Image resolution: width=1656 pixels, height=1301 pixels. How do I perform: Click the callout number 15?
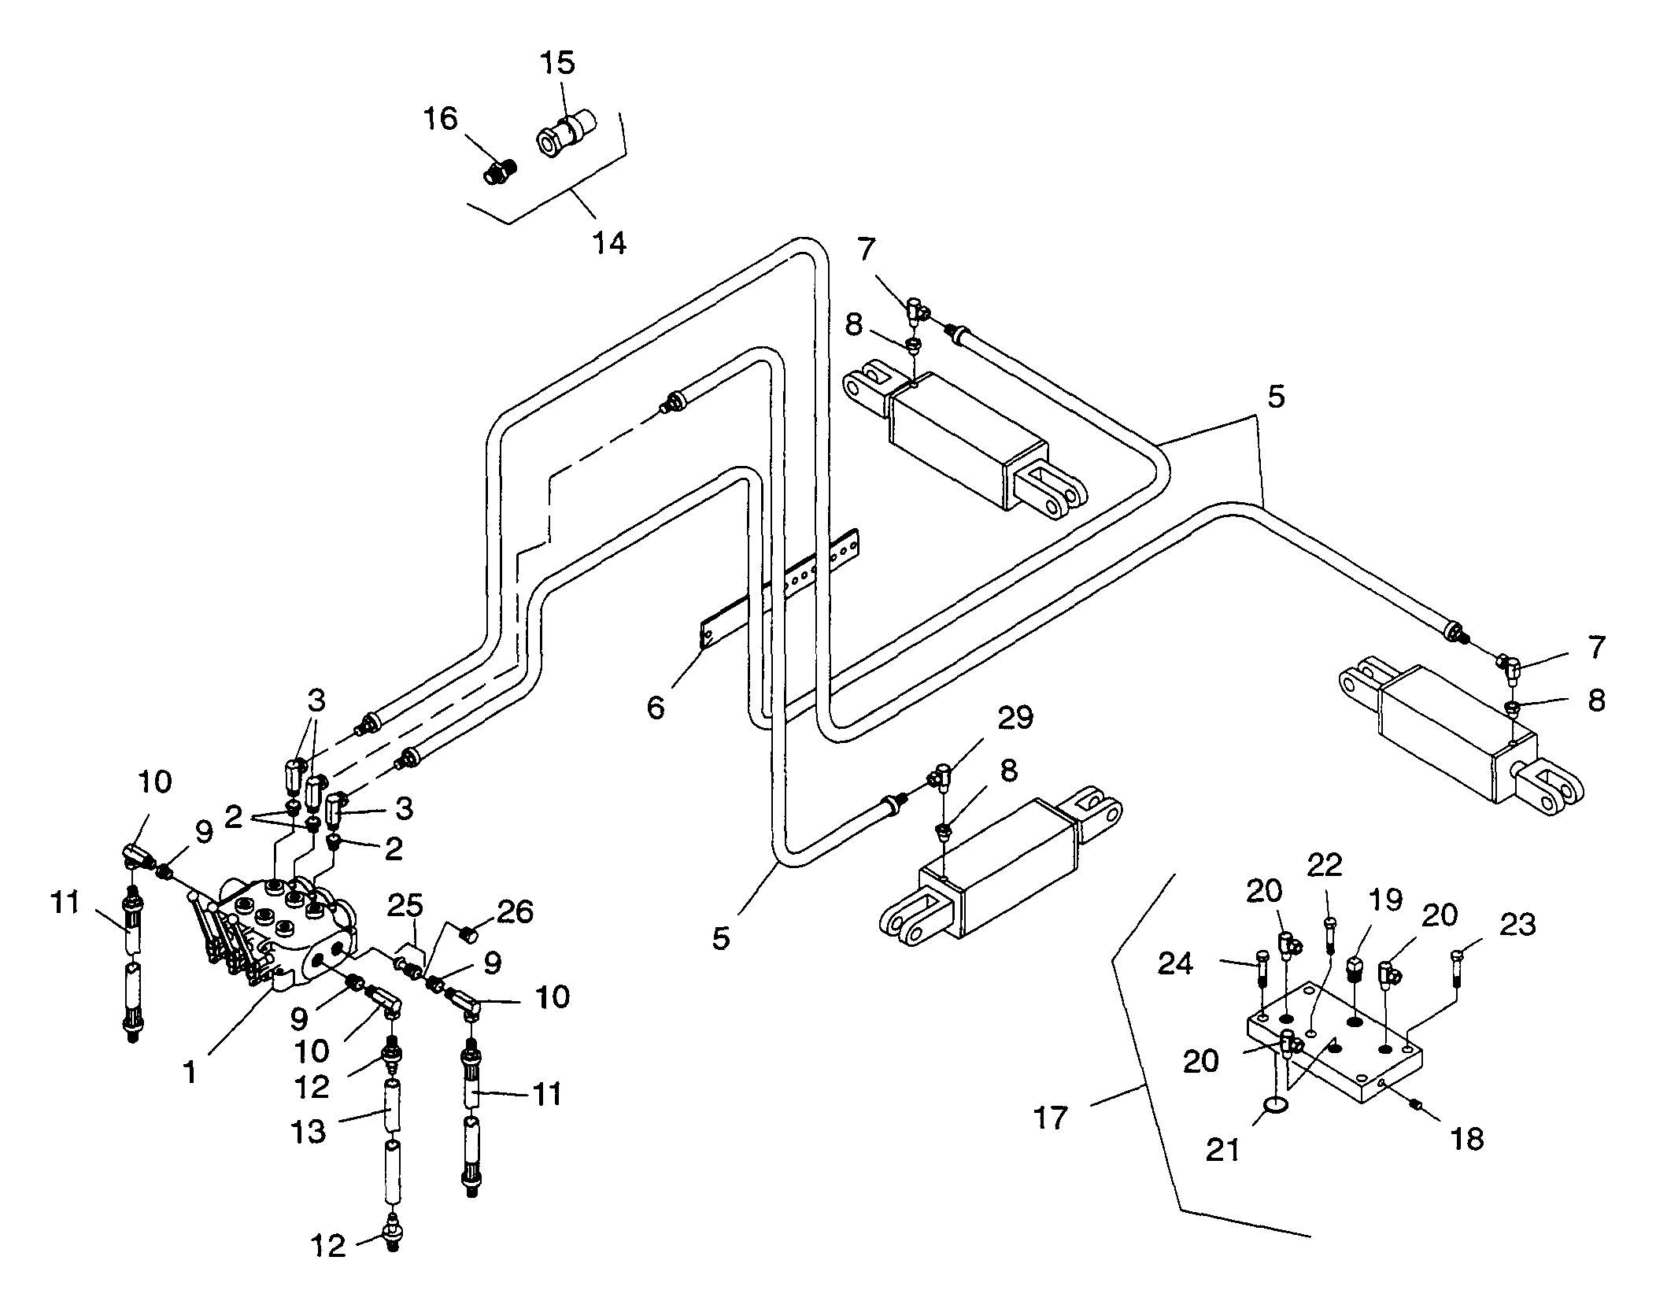pyautogui.click(x=558, y=63)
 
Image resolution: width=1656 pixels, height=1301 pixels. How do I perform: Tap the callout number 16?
pyautogui.click(x=440, y=119)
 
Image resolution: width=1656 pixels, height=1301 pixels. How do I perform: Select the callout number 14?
pyautogui.click(x=610, y=242)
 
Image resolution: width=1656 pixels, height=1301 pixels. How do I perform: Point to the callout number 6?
pyautogui.click(x=656, y=708)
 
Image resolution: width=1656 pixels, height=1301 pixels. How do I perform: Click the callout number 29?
pyautogui.click(x=1015, y=718)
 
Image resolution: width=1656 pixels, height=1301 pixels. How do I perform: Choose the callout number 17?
pyautogui.click(x=1052, y=1118)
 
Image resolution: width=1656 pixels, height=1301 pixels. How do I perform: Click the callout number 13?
pyautogui.click(x=308, y=1132)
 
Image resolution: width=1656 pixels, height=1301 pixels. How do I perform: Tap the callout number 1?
pyautogui.click(x=190, y=1072)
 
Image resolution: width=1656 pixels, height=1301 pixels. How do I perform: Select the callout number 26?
pyautogui.click(x=515, y=911)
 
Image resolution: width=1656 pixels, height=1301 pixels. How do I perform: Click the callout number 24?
pyautogui.click(x=1175, y=963)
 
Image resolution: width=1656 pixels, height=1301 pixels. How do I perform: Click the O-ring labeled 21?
pyautogui.click(x=1276, y=1107)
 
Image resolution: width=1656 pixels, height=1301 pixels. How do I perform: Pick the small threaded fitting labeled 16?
pyautogui.click(x=499, y=169)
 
